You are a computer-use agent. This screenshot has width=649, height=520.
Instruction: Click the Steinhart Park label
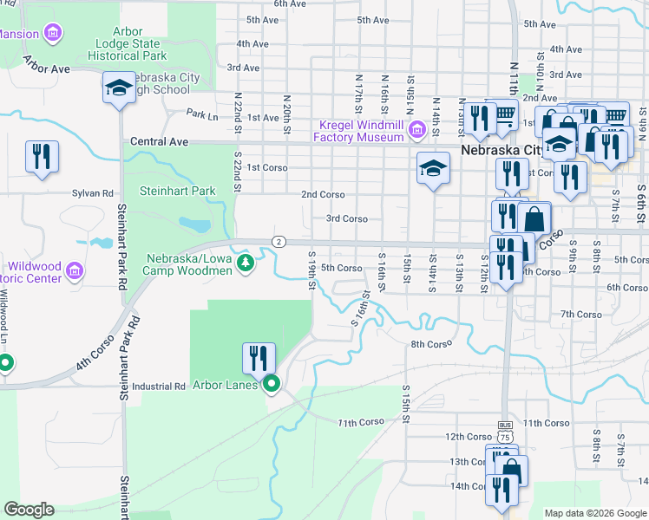(x=179, y=191)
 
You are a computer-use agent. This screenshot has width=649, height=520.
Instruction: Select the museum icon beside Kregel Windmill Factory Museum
(x=416, y=130)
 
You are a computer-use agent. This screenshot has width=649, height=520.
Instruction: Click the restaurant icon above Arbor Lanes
(x=259, y=358)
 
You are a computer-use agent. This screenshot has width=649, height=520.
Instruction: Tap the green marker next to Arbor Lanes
(x=272, y=384)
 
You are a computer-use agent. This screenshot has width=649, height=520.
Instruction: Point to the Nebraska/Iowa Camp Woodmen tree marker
(x=246, y=262)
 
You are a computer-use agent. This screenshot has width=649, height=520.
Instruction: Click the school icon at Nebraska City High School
(x=118, y=88)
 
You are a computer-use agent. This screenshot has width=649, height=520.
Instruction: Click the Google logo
(x=29, y=510)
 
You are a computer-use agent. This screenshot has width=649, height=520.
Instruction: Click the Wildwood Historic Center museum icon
(x=75, y=272)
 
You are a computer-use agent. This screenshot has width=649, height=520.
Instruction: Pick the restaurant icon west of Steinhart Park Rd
(x=42, y=157)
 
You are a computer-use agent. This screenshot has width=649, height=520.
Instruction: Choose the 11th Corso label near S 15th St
(x=361, y=422)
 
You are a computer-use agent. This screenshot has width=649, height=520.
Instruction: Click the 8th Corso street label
(x=431, y=344)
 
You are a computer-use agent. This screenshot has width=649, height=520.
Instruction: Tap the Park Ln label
(x=201, y=114)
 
